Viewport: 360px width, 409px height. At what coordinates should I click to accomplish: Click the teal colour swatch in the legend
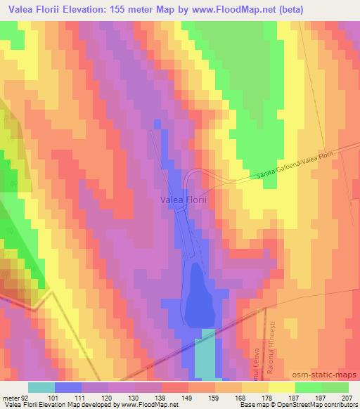coord(41,387)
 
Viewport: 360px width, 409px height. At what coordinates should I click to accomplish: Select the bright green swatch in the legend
coord(309,387)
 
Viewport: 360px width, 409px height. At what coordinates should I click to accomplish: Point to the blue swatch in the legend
coord(68,387)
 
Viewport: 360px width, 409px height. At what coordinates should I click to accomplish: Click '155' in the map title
coord(136,10)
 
